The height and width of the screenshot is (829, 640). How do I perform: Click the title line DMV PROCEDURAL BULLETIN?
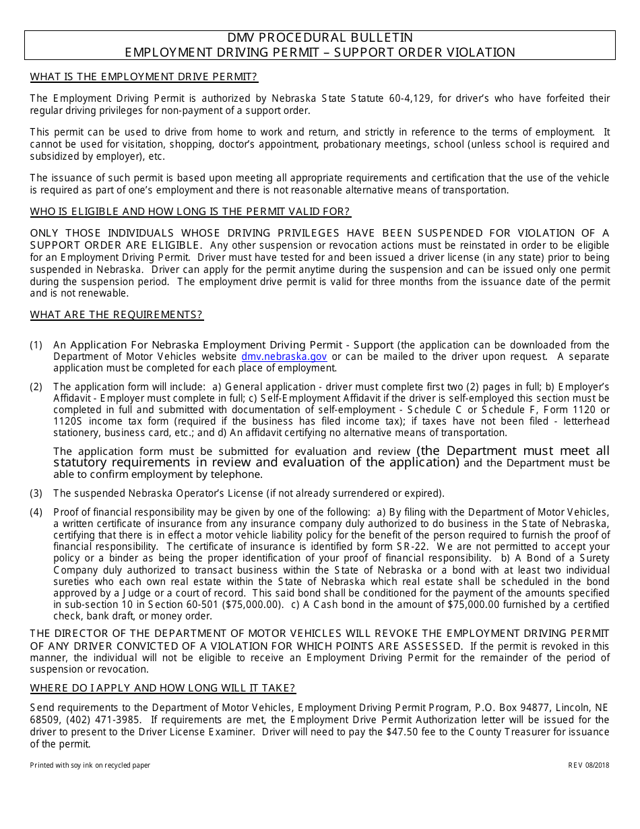point(319,38)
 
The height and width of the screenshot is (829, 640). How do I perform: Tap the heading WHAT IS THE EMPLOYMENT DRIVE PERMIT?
point(143,77)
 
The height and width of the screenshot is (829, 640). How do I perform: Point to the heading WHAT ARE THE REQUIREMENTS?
point(117,315)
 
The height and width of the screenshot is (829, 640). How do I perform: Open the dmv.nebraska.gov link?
point(284,357)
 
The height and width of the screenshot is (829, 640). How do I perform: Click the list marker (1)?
point(36,345)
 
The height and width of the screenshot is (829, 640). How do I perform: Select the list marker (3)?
point(36,493)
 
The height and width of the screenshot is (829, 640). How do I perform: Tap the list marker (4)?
point(36,512)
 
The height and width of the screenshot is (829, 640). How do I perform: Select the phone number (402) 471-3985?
point(95,720)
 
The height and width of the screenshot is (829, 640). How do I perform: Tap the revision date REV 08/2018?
point(588,766)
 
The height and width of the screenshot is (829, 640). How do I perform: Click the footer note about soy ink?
point(90,766)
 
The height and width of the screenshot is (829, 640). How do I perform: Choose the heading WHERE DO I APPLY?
point(162,688)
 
